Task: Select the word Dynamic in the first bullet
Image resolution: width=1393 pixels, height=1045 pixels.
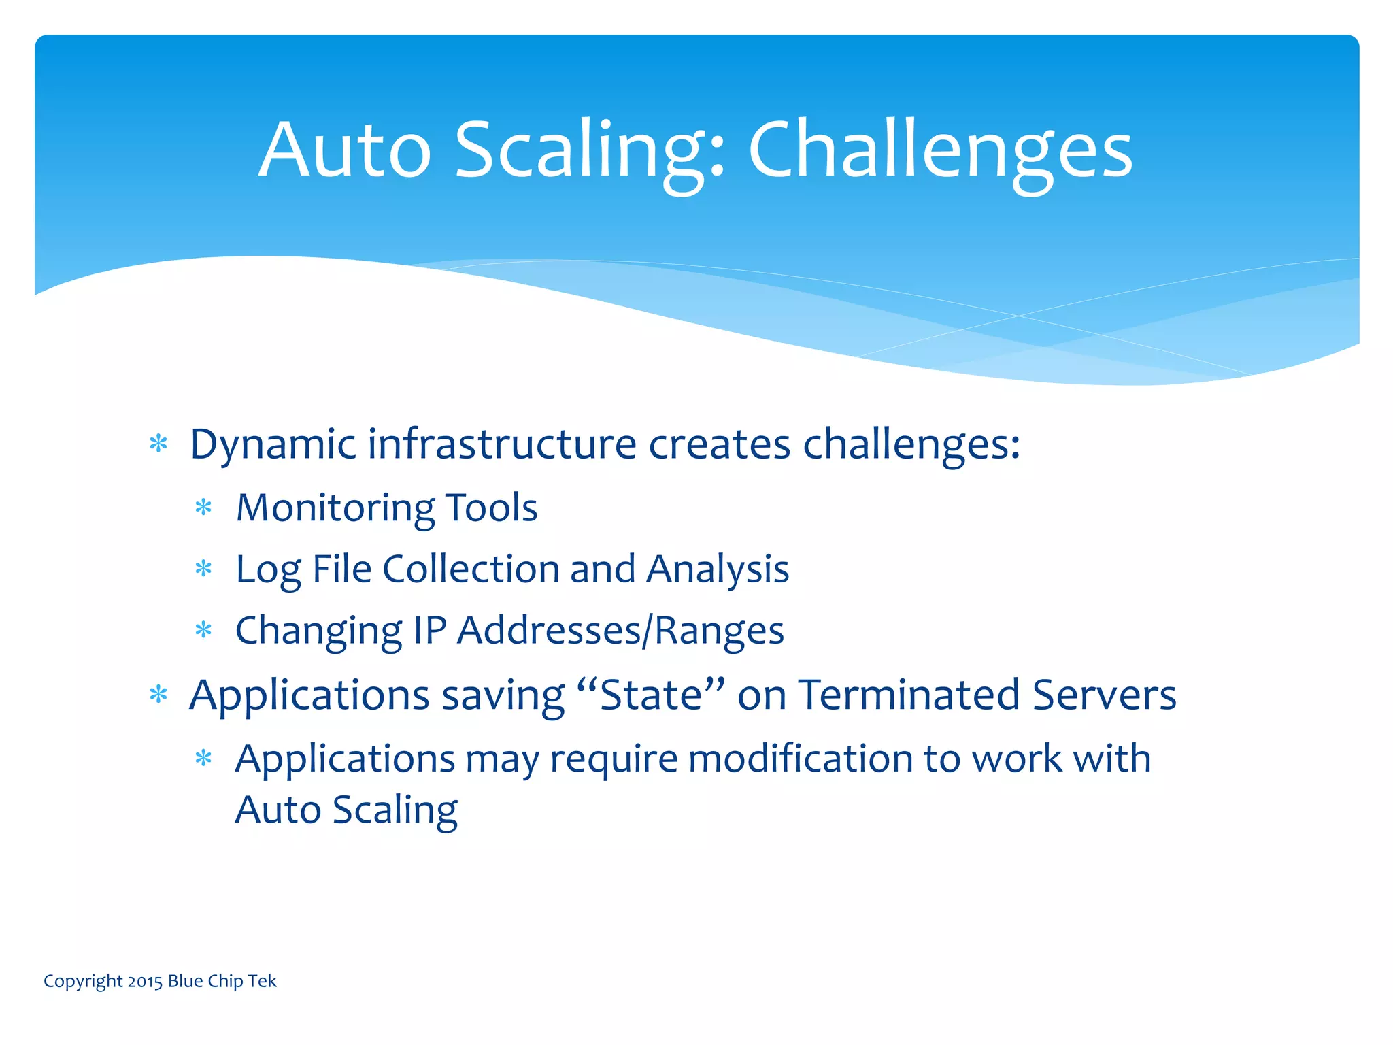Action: tap(273, 445)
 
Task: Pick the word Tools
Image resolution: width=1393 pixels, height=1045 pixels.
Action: tap(491, 508)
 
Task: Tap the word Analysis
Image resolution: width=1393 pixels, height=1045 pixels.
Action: tap(718, 569)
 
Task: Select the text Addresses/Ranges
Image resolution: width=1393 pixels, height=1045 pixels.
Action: tap(620, 631)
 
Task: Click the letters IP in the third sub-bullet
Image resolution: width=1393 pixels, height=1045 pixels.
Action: tap(430, 630)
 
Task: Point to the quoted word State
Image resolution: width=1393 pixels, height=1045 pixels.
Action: tap(651, 695)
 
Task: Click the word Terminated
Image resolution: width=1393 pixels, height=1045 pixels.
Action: tap(909, 695)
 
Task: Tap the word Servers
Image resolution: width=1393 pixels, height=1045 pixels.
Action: tap(1104, 695)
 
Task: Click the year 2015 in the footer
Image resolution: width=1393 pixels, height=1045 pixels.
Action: tap(145, 982)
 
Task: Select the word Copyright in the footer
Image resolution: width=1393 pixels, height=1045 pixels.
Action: tap(83, 982)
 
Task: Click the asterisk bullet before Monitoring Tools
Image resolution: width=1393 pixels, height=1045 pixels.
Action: tap(203, 508)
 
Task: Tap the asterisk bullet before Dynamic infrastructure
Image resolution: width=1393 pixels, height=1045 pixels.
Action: tap(158, 444)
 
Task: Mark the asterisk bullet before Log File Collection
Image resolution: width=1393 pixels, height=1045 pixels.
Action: tap(203, 569)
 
